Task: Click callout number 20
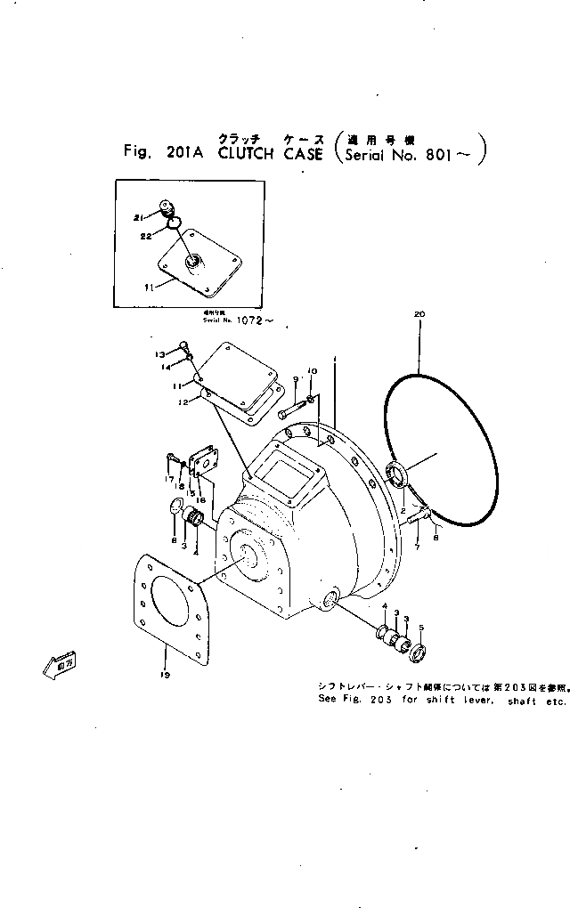(420, 313)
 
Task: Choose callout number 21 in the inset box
(139, 217)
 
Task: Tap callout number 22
(147, 236)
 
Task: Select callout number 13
(161, 354)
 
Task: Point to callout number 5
(422, 627)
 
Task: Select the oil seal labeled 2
(397, 474)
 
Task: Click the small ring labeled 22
(175, 223)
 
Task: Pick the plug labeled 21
(166, 208)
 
